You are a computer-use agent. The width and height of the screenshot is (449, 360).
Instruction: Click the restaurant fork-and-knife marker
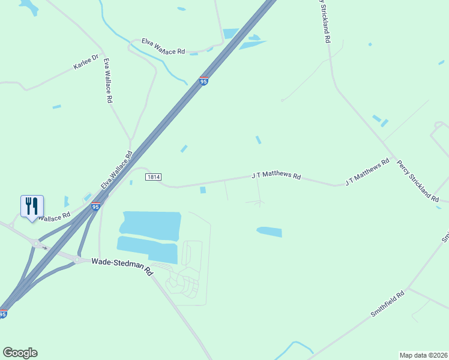coord(31,206)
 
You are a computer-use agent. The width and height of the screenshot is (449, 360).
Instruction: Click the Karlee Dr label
coord(85,62)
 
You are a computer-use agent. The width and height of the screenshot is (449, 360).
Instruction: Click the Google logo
coord(20,353)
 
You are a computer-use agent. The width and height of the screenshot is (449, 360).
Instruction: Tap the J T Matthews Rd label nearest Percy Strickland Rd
coord(367,173)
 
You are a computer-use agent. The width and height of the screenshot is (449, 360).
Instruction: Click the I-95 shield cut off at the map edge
coord(3,314)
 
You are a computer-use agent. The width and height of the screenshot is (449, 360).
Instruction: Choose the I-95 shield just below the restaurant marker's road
coord(95,207)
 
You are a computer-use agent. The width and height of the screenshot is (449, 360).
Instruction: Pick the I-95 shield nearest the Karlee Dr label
coord(204,81)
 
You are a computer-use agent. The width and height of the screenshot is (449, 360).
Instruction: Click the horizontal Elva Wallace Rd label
coord(163,47)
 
